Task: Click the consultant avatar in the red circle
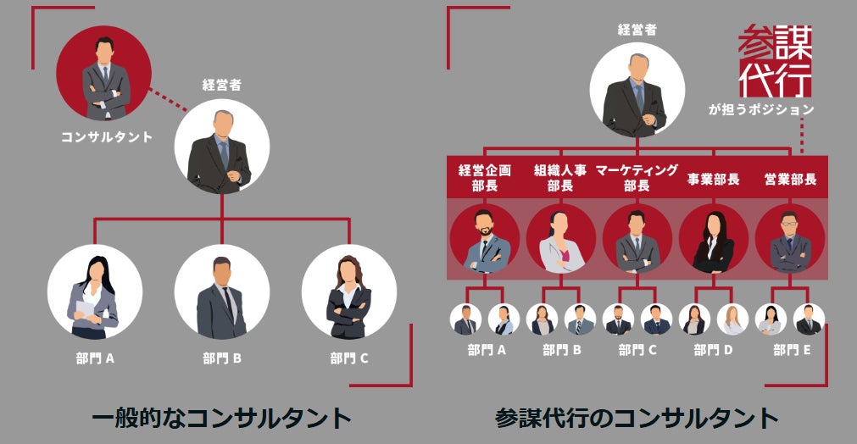(104, 75)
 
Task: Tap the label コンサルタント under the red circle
(107, 136)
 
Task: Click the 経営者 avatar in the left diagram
(222, 146)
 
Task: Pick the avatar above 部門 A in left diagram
(94, 292)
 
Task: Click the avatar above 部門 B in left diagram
(222, 292)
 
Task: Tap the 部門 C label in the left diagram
(349, 358)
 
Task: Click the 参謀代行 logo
(775, 61)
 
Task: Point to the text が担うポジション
(761, 109)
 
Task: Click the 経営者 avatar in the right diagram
(637, 90)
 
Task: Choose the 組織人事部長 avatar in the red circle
(560, 240)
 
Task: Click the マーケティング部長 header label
(637, 178)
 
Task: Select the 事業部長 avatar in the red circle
(713, 240)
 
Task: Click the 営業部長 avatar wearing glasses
(789, 240)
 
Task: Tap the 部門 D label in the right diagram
(712, 350)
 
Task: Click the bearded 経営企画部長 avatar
(484, 240)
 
